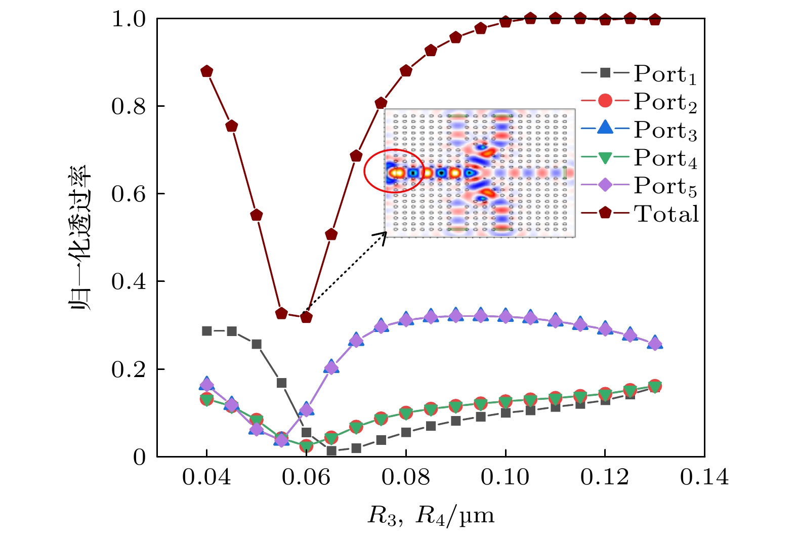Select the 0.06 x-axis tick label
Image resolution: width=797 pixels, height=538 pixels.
pyautogui.click(x=306, y=477)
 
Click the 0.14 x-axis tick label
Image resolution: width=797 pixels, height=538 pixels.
pyautogui.click(x=704, y=477)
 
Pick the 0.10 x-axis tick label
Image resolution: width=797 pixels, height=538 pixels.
pyautogui.click(x=505, y=477)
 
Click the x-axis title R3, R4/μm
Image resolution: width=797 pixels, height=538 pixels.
pyautogui.click(x=431, y=516)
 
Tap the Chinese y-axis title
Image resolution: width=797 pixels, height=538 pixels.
pyautogui.click(x=81, y=238)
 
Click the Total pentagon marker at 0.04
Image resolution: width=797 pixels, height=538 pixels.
pyautogui.click(x=206, y=71)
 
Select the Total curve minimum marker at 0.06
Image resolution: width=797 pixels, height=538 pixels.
pyautogui.click(x=306, y=317)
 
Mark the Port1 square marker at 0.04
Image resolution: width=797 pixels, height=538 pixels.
pyautogui.click(x=206, y=331)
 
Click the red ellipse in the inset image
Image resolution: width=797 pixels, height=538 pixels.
pyautogui.click(x=394, y=171)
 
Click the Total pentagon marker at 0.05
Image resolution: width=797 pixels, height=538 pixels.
pyautogui.click(x=257, y=215)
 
